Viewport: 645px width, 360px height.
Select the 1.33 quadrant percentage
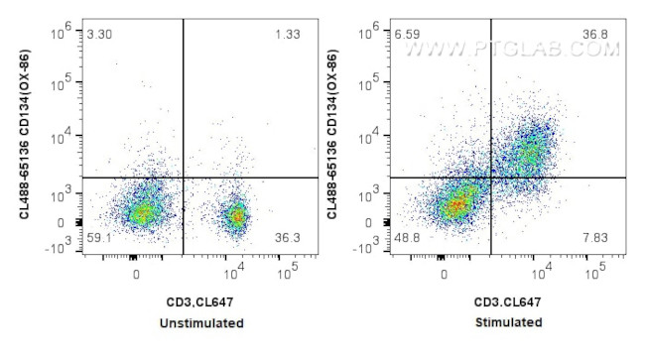point(287,36)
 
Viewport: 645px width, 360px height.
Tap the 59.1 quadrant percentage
point(99,238)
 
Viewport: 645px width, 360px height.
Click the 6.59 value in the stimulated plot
point(407,36)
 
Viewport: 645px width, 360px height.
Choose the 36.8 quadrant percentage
point(595,36)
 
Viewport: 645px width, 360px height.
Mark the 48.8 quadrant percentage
point(408,238)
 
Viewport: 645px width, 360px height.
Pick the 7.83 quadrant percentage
point(595,238)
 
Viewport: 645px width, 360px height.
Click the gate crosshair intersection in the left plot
point(184,178)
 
